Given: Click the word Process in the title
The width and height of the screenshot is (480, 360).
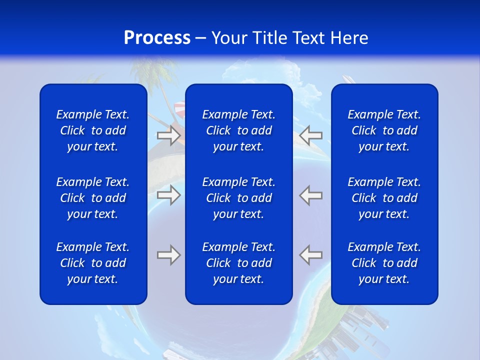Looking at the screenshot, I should coord(157,38).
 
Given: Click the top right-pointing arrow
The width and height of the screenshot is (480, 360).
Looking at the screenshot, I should coord(168,135).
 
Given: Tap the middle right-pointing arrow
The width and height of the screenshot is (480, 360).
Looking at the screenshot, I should coord(168,195).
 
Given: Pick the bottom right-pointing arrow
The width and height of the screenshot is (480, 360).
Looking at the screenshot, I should coord(168,255).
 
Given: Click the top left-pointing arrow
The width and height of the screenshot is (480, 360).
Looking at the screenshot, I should coord(311,135).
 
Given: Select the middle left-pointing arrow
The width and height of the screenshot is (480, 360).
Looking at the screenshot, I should coord(311,195).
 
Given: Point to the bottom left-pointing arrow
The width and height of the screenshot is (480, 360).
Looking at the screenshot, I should coord(311,255).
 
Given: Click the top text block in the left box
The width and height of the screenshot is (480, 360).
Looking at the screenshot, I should coord(93,130).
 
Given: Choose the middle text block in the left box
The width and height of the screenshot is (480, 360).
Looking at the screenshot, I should coord(93,198).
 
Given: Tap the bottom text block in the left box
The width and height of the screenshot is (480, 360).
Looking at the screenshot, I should coord(93,263).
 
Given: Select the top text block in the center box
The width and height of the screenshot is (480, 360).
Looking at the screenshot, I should coord(238,130).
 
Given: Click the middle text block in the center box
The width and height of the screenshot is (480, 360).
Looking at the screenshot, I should coord(238,198).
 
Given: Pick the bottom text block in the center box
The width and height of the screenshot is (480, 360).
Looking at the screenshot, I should coord(238,263).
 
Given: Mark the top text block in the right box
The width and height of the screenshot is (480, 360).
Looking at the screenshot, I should coord(384,130).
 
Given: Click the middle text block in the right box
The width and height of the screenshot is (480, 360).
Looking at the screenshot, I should coord(384,198).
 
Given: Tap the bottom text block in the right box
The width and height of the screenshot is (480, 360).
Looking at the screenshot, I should coord(384,263).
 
